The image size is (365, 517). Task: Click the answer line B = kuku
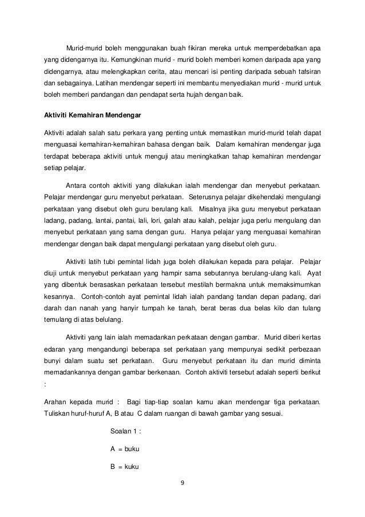(x=125, y=465)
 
